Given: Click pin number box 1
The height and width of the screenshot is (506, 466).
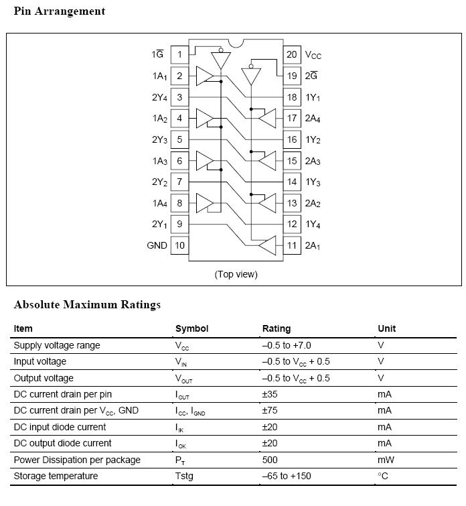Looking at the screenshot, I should pos(179,54).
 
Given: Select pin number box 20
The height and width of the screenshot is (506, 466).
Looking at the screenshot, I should pos(292,54).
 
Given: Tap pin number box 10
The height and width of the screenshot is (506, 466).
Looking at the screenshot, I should pos(179,245).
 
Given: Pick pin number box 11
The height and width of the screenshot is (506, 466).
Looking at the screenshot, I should pos(292,245).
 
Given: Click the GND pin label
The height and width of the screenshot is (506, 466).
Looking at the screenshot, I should pos(157,245).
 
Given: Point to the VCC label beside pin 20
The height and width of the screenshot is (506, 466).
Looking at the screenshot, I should pos(313,55).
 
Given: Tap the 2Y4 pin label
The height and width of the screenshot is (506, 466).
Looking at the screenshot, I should pos(159,98).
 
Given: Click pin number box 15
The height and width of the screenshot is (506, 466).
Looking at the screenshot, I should pos(292,161).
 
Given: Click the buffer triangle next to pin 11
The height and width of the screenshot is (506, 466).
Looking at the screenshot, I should pos(268,245).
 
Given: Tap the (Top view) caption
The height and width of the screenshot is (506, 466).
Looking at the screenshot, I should pos(236,274).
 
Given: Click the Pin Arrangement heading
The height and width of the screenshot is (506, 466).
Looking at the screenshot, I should pos(60,11).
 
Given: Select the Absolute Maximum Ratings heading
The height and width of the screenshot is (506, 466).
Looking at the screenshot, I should pos(87,305).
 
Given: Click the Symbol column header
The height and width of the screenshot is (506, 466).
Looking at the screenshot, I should pos(191,328).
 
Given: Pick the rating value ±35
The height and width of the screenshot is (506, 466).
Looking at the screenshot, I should pos(270,394).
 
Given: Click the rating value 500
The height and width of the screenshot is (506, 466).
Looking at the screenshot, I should pos(270,460).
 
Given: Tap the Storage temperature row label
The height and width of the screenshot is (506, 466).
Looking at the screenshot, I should pos(56,476).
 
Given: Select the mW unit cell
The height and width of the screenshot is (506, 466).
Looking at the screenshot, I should pos(385,460).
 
